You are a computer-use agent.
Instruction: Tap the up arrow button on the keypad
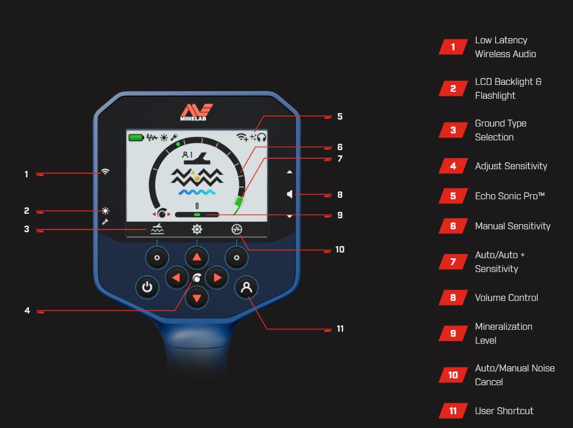click(196, 258)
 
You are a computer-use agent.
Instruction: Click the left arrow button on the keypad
click(177, 278)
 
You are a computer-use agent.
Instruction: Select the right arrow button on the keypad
click(217, 278)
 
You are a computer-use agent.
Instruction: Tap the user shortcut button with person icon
click(246, 287)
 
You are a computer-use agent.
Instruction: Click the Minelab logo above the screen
click(196, 112)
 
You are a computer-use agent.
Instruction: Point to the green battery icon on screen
click(136, 137)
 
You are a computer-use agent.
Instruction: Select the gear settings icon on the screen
click(197, 229)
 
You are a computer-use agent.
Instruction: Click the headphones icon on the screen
click(262, 137)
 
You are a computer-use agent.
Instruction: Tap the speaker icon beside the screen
click(289, 194)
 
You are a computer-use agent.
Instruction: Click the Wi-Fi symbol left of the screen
click(105, 172)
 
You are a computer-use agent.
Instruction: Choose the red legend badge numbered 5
click(453, 196)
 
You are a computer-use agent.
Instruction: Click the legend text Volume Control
click(507, 297)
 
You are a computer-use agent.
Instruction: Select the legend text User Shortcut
click(504, 411)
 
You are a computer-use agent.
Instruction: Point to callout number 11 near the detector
click(340, 329)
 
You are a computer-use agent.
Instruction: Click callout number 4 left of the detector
click(27, 310)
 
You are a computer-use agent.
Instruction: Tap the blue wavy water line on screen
click(197, 192)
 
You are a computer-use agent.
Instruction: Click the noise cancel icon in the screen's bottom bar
click(237, 229)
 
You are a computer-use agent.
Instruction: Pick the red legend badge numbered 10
click(453, 375)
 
